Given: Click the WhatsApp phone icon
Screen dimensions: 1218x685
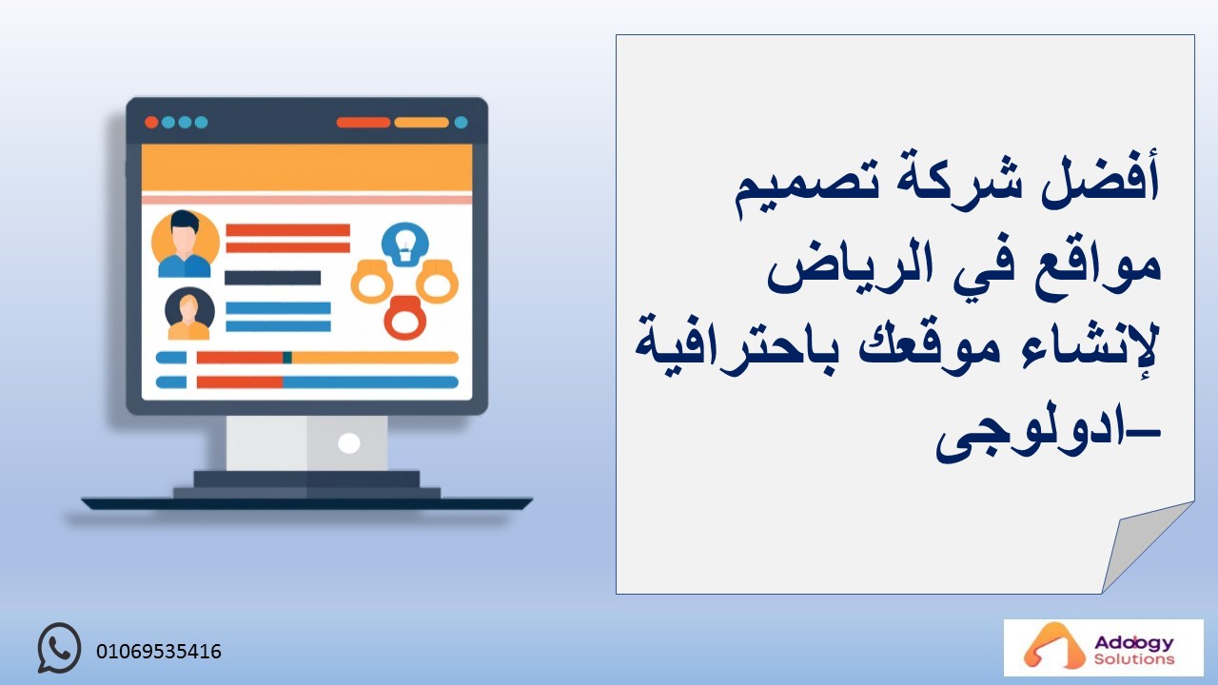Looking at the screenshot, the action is pos(59,648).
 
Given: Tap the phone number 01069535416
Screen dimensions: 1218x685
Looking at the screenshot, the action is pos(159,652).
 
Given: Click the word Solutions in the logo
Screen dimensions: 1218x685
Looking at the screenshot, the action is pos(1134,659).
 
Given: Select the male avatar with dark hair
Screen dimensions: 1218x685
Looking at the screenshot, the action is pos(185,245).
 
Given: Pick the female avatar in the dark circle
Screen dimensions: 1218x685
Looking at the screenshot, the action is pos(189,314).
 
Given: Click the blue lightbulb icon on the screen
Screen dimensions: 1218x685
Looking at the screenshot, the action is pos(405,245).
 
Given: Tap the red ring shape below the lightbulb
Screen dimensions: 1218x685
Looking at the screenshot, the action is pos(405,318).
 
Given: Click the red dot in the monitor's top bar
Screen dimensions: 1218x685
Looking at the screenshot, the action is pos(151,123).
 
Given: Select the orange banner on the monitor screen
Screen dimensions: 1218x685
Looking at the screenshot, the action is pos(306,168).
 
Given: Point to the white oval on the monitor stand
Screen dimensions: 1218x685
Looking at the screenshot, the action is pos(348,443).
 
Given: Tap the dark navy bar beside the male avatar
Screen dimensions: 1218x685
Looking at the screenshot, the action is pos(272,278).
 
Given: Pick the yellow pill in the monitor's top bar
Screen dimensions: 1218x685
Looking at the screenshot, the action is pos(422,123).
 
